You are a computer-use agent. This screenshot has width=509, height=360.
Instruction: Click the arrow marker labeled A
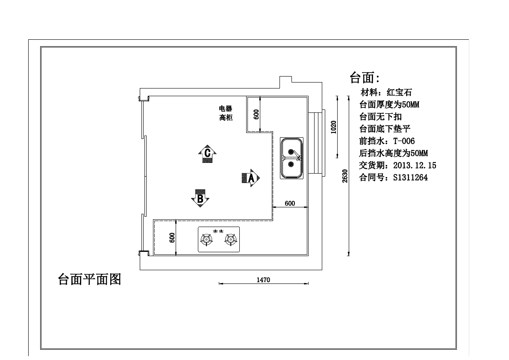click(x=251, y=178)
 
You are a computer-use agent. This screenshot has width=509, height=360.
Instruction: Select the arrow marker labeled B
click(x=200, y=198)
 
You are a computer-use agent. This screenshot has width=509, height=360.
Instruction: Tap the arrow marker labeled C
click(x=207, y=153)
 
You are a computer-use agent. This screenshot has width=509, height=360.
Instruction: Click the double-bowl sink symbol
click(x=291, y=158)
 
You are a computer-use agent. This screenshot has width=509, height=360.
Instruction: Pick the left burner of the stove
click(x=206, y=240)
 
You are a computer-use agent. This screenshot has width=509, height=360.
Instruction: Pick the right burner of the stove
click(x=230, y=240)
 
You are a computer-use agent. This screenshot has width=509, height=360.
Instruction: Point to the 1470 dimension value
click(x=263, y=280)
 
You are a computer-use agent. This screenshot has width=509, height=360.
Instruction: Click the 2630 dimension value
click(x=345, y=176)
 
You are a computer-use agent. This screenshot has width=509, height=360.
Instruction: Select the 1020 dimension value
click(x=333, y=127)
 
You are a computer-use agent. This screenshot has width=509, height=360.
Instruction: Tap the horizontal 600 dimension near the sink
click(x=290, y=204)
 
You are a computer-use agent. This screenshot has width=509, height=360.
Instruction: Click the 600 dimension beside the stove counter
click(x=172, y=238)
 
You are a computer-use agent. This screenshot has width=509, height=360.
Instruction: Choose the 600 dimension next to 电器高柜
click(x=256, y=114)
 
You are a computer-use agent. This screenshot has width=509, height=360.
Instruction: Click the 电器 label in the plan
click(x=226, y=109)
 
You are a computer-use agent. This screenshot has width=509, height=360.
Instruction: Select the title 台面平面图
click(x=90, y=279)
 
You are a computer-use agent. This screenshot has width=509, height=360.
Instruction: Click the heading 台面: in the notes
click(x=365, y=78)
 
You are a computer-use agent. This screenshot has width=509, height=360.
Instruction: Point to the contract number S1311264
click(x=410, y=177)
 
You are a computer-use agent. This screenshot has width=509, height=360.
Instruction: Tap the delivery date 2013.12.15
click(x=415, y=165)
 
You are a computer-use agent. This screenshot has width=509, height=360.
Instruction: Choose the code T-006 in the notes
click(x=404, y=141)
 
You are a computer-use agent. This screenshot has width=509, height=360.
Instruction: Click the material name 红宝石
click(x=399, y=92)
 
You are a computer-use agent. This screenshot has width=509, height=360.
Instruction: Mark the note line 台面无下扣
click(x=380, y=117)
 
